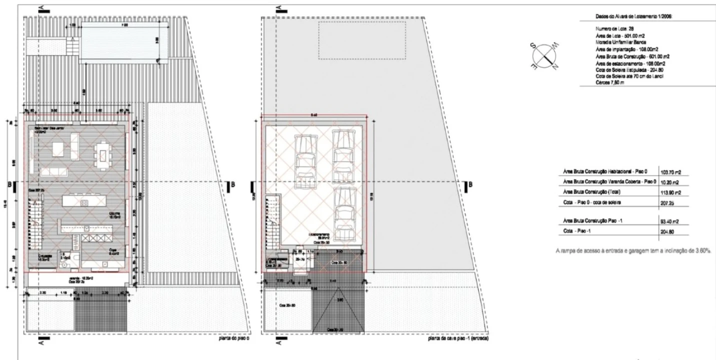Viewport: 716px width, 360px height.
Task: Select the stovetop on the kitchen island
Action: tap(84, 203)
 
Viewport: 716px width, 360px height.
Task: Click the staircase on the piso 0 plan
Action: tap(36, 225)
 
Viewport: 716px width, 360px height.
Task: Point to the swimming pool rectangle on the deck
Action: tap(120, 39)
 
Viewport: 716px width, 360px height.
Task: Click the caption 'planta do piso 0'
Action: tap(231, 338)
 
